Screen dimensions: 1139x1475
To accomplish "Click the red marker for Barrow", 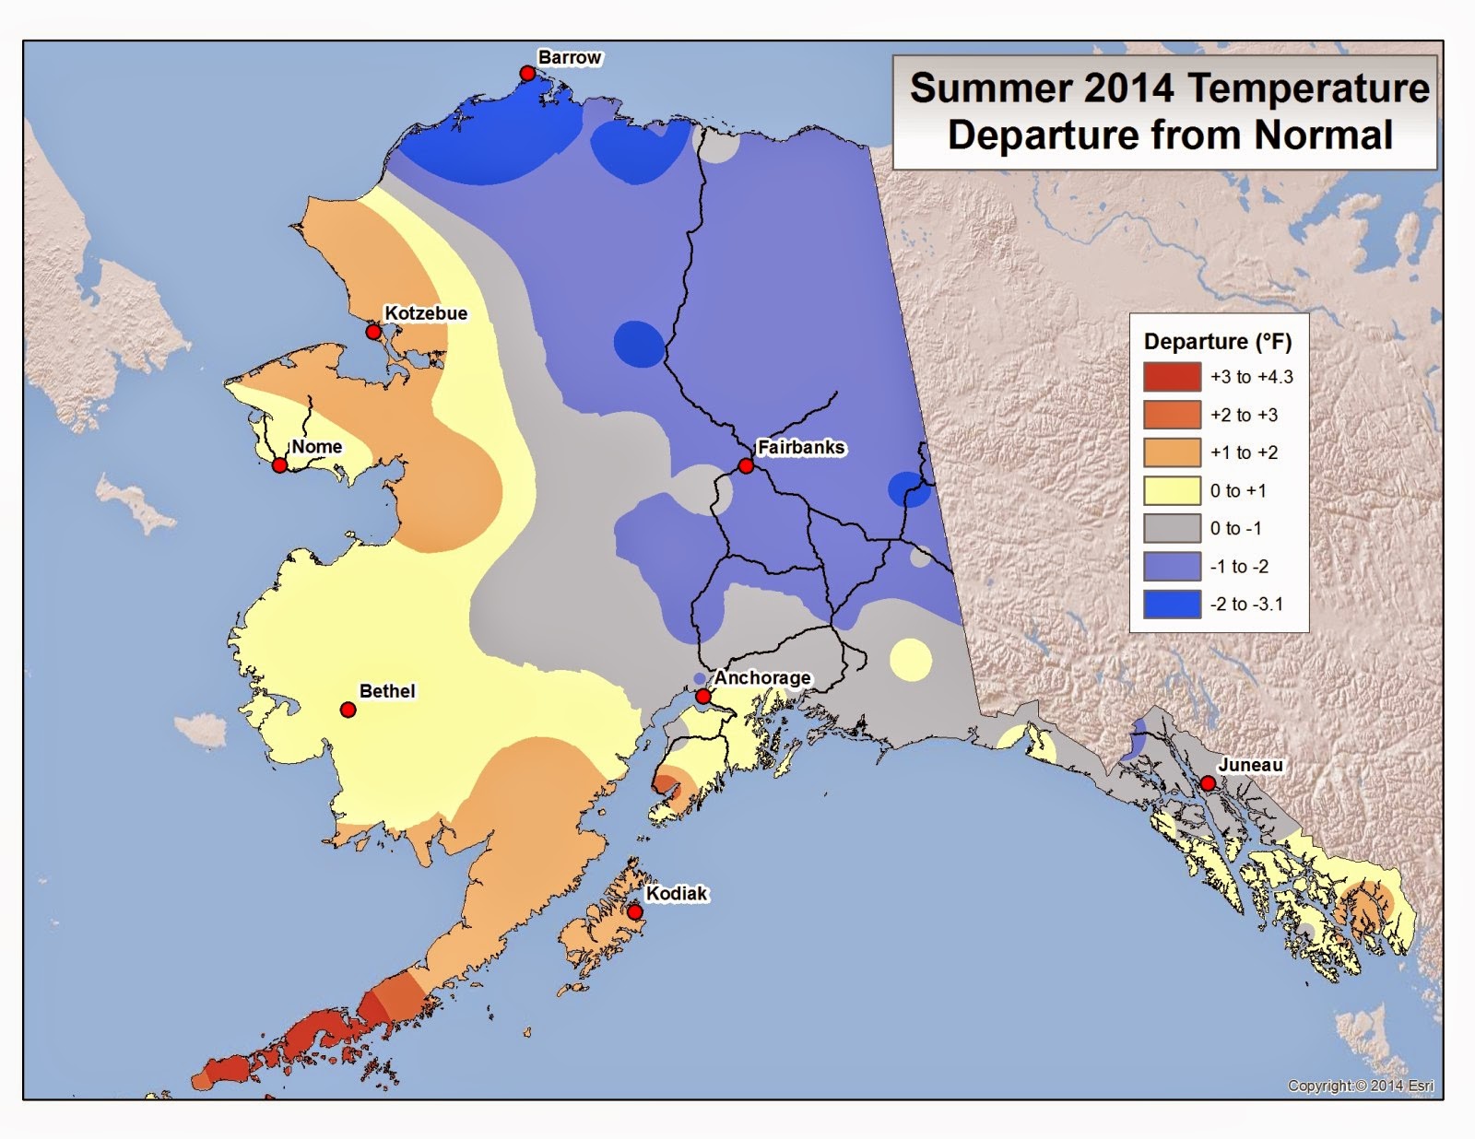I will tap(527, 74).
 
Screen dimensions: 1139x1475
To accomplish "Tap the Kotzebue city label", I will tap(425, 313).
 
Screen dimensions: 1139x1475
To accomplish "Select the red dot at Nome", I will tap(279, 465).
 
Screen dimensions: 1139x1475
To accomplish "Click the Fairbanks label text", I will tap(800, 447).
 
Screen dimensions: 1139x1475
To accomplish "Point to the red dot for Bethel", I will tap(348, 710).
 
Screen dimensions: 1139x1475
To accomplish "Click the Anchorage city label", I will tap(761, 677).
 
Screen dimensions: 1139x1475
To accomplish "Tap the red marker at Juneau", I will tap(1208, 783).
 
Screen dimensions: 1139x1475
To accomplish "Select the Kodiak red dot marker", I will tap(634, 912).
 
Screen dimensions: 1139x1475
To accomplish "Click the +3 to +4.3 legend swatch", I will tap(1172, 377).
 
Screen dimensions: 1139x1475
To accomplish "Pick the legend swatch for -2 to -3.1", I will tap(1172, 605).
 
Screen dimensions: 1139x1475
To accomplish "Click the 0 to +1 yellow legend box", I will tap(1172, 490).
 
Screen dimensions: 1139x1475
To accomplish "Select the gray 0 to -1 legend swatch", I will tap(1172, 529).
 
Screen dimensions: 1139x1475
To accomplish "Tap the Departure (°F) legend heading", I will tap(1217, 342).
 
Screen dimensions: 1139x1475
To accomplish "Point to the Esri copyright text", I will tap(1360, 1086).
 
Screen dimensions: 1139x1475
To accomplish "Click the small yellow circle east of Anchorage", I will tap(911, 660).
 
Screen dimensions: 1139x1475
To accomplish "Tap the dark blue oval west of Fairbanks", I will tap(639, 344).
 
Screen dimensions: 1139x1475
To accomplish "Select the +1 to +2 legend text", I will tap(1244, 452).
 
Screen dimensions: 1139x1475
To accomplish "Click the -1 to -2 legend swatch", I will tap(1172, 567).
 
